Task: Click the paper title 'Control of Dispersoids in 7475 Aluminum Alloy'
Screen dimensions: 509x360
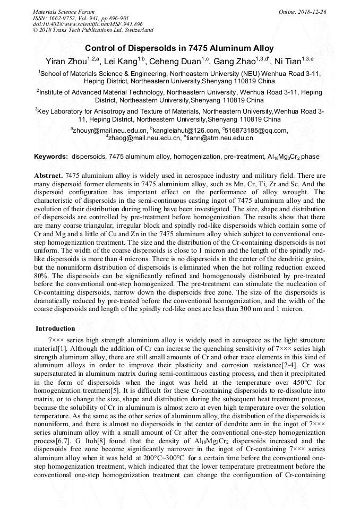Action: click(x=179, y=48)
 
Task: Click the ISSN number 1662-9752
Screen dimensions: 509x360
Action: click(x=65, y=18)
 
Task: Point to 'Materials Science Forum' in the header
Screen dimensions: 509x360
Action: click(x=64, y=11)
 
